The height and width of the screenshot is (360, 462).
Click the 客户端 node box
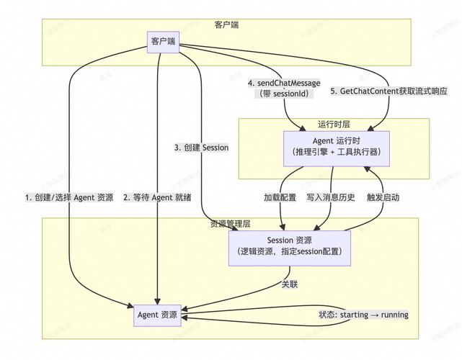pyautogui.click(x=164, y=40)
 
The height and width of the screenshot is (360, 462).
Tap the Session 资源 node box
pyautogui.click(x=290, y=246)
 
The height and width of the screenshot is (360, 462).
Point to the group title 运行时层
pyautogui.click(x=334, y=124)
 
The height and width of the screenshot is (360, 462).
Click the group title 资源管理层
pyautogui.click(x=229, y=224)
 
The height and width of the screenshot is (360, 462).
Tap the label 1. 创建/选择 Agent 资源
pyautogui.click(x=69, y=197)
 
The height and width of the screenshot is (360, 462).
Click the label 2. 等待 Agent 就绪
pyautogui.click(x=156, y=197)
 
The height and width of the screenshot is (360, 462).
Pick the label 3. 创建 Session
pyautogui.click(x=202, y=148)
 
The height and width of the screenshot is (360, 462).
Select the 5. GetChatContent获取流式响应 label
pyautogui.click(x=388, y=92)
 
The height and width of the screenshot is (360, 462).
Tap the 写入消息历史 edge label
pyautogui.click(x=331, y=197)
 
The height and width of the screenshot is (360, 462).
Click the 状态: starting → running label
pyautogui.click(x=363, y=315)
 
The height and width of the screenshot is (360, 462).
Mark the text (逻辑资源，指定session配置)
pyautogui.click(x=290, y=252)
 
